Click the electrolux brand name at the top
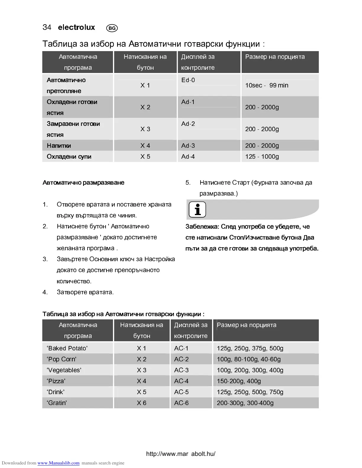[76, 27]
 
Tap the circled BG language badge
[112, 28]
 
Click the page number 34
[47, 27]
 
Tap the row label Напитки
[59, 146]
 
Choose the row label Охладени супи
[69, 157]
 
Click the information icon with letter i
[197, 210]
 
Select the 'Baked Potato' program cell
[67, 348]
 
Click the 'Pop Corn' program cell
[62, 359]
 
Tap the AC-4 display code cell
[181, 381]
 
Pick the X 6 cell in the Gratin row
[141, 403]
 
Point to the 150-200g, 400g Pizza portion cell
[239, 381]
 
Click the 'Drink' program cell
[56, 392]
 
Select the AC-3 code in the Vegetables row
[181, 370]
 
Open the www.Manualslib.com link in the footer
[58, 463]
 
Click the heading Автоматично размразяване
[83, 183]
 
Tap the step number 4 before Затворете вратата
[45, 292]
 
